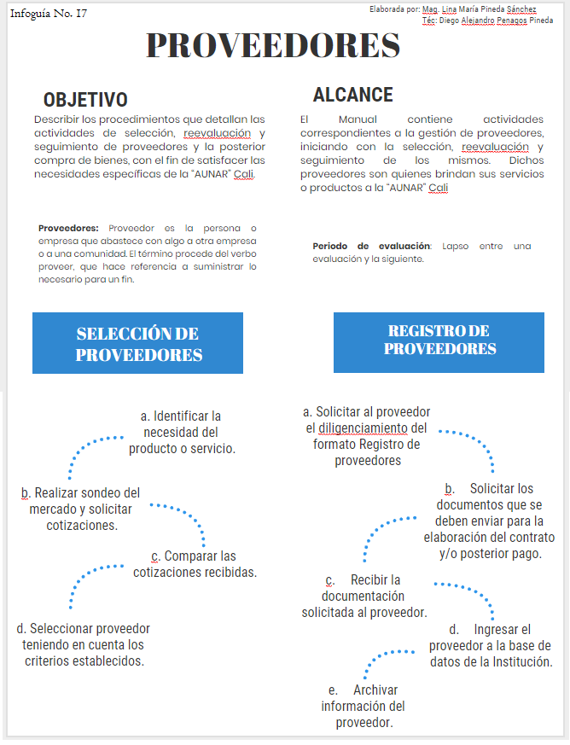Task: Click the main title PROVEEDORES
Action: [x=272, y=46]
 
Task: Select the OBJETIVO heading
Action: [x=85, y=100]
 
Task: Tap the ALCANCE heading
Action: [x=352, y=95]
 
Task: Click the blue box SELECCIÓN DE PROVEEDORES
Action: [x=138, y=343]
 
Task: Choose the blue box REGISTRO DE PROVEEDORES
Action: [x=439, y=340]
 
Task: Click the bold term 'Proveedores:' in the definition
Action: [x=68, y=228]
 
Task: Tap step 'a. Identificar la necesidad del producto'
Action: [x=181, y=431]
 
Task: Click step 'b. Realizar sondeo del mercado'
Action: [x=81, y=509]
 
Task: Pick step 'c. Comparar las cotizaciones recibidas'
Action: [x=195, y=563]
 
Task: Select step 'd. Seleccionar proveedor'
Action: [x=84, y=644]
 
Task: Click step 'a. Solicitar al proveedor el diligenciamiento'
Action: [x=367, y=436]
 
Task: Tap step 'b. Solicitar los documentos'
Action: [x=488, y=521]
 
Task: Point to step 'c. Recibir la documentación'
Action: [x=364, y=596]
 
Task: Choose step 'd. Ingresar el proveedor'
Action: [x=490, y=645]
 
